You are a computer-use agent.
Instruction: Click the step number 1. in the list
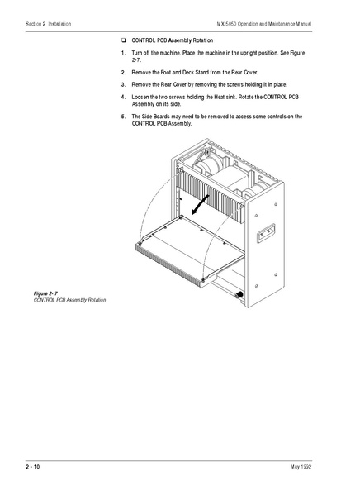123,51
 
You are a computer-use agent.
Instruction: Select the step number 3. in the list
123,84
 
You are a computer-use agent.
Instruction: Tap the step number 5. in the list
123,117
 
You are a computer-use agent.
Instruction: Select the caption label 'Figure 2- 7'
49,293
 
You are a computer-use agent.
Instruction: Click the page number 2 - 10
32,468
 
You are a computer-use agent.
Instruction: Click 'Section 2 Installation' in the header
49,24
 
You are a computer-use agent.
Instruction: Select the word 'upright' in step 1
249,51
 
